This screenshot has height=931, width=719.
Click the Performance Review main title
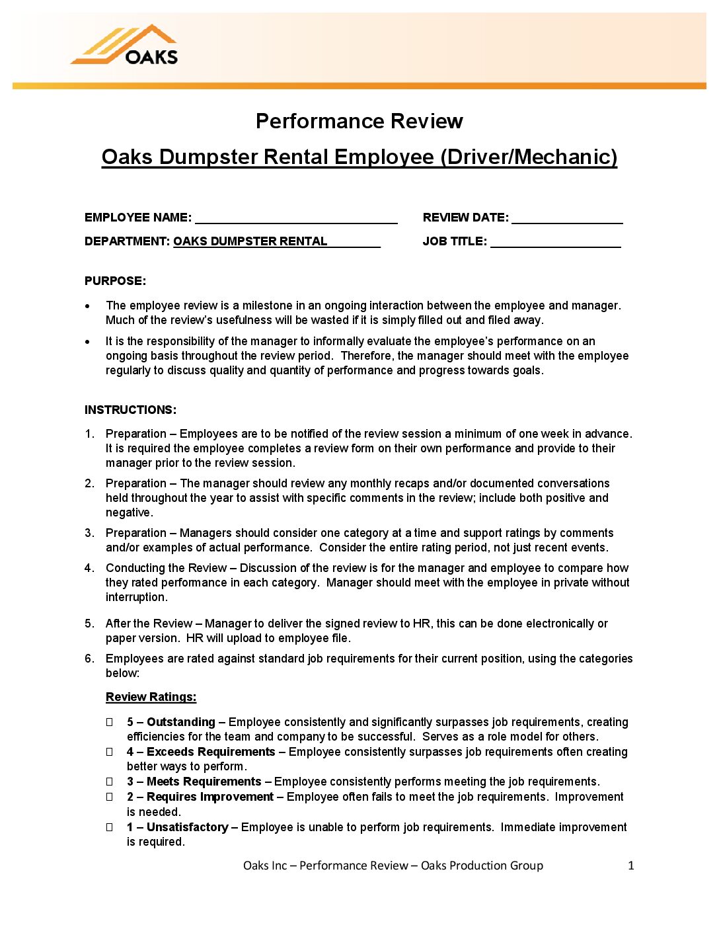[x=359, y=121]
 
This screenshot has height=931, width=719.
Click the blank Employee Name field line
[x=296, y=218]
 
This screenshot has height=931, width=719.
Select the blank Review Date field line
[x=567, y=218]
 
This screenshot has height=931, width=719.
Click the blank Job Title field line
[x=555, y=242]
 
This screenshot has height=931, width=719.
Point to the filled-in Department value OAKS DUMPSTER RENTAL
[x=250, y=241]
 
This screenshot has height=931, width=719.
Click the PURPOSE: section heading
[x=115, y=281]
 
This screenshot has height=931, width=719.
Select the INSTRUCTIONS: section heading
[x=130, y=410]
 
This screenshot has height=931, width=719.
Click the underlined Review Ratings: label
[x=151, y=697]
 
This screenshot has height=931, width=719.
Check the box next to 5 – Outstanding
[x=110, y=722]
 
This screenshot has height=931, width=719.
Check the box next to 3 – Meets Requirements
[x=110, y=782]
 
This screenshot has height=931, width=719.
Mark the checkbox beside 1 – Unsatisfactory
[x=110, y=827]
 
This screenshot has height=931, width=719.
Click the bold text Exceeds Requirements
[x=211, y=752]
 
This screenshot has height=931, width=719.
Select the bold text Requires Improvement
[x=209, y=797]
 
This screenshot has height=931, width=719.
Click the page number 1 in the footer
[x=630, y=866]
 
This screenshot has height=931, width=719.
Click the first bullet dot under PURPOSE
[x=88, y=306]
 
